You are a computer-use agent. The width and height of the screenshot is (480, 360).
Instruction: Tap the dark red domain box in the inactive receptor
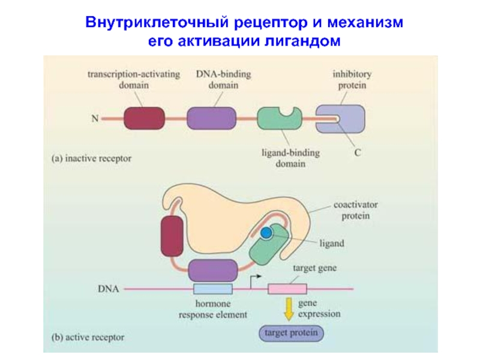pyautogui.click(x=144, y=118)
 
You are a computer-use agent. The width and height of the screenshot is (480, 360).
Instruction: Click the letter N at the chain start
pyautogui.click(x=95, y=118)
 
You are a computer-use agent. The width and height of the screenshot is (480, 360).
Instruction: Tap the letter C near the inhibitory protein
pyautogui.click(x=356, y=153)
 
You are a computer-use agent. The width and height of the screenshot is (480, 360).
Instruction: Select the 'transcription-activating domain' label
pyautogui.click(x=128, y=80)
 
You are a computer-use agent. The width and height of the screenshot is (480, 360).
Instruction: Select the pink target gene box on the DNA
pyautogui.click(x=287, y=289)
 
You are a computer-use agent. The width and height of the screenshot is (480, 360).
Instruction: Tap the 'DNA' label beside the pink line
pyautogui.click(x=108, y=289)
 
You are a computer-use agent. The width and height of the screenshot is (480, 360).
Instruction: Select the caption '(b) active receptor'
pyautogui.click(x=88, y=337)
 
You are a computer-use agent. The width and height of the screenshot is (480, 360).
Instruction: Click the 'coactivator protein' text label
pyautogui.click(x=352, y=209)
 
